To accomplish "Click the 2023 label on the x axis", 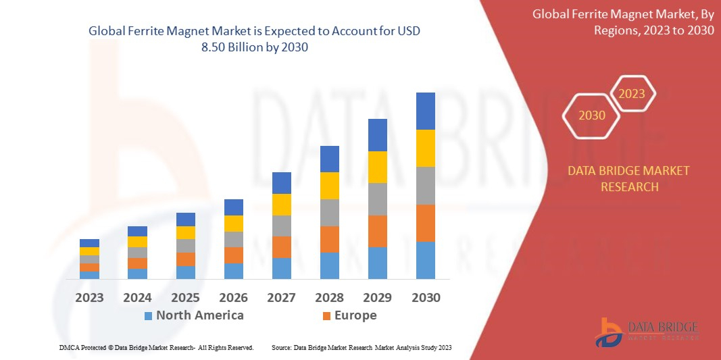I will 89,297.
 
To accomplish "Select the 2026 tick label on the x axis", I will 233,297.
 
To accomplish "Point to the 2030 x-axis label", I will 426,297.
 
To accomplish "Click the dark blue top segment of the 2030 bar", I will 425,111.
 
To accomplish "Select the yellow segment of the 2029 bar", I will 377,167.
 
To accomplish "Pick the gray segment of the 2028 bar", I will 329,212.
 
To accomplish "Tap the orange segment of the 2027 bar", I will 281,247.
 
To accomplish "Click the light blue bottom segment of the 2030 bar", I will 425,260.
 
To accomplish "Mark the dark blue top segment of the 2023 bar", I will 89,243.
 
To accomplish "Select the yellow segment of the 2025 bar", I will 185,232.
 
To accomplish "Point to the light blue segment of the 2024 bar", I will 137,274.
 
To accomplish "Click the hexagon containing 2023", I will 632,94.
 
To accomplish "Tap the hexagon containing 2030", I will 591,115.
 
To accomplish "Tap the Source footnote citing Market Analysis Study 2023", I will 361,347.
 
